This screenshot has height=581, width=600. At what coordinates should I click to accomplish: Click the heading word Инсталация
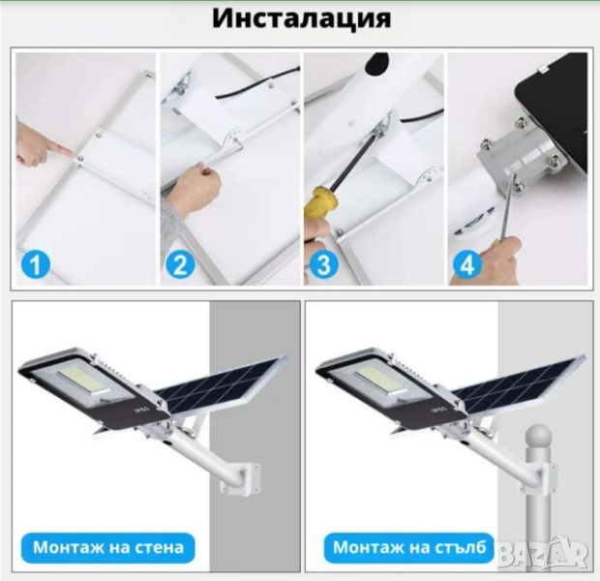click(302, 19)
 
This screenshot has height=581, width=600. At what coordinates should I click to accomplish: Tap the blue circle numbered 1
click(36, 263)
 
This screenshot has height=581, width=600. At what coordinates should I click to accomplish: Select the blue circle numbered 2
click(180, 263)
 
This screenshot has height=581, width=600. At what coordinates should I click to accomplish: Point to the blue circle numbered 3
click(323, 263)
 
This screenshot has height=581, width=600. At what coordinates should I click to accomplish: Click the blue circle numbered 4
click(467, 263)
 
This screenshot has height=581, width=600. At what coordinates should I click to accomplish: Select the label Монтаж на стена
click(108, 548)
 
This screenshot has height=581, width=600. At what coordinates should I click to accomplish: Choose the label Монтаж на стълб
click(409, 548)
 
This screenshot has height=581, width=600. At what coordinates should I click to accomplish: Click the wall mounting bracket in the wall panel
click(240, 477)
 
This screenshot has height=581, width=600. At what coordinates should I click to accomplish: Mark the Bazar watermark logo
click(543, 553)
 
